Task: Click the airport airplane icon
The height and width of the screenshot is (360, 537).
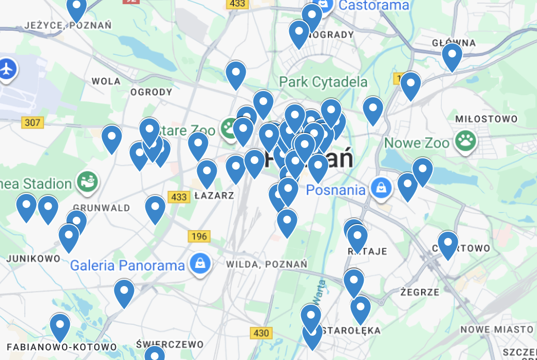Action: (7, 69)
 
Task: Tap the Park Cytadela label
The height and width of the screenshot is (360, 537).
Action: (323, 82)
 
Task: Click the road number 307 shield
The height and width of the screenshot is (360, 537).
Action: (33, 123)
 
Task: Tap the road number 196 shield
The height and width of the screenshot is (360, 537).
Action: (200, 236)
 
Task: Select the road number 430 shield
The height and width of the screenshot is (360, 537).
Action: (261, 333)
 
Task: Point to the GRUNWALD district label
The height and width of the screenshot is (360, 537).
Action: (109, 208)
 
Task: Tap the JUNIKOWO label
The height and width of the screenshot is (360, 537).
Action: (33, 258)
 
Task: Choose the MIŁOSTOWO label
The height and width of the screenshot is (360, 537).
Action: (486, 119)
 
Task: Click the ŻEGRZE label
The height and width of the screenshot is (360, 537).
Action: (420, 292)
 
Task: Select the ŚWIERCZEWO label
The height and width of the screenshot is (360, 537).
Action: (170, 344)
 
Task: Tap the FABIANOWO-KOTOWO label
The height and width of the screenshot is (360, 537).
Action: (62, 347)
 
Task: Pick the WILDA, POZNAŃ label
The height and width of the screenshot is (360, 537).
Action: (266, 264)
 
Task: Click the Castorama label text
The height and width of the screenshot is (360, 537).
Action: (374, 6)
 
